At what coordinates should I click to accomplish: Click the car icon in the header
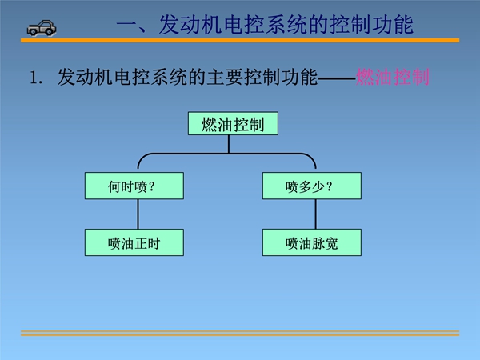(42, 28)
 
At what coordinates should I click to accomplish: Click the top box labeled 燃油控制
(233, 123)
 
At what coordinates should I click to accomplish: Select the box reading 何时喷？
(134, 186)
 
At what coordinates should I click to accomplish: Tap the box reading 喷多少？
(312, 186)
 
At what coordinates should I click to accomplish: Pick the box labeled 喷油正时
(134, 242)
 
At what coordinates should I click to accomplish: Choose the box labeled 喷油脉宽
(312, 242)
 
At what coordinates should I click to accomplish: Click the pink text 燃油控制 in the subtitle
(393, 77)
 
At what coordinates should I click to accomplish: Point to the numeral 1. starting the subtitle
(36, 78)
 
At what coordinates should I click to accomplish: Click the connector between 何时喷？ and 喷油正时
(138, 214)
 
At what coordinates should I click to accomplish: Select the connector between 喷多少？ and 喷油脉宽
(316, 214)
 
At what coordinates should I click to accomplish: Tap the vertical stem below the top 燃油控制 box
(229, 144)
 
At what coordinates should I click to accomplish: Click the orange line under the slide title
(240, 41)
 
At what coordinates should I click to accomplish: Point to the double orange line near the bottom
(240, 333)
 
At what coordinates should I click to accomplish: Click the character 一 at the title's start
(126, 25)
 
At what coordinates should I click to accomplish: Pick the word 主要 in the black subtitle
(226, 77)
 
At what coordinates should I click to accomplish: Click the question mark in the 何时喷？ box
(151, 186)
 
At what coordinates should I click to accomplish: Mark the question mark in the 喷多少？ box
(330, 186)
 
